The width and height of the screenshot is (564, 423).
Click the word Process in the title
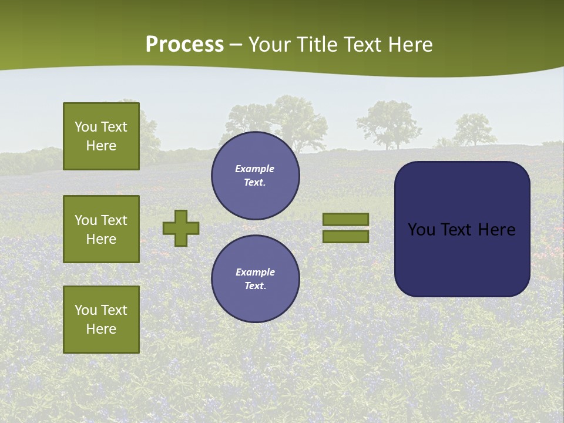coord(184,45)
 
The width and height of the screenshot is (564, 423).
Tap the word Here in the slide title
coord(409,45)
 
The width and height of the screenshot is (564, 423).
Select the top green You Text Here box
coord(101,136)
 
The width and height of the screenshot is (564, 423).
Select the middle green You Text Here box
coord(101,229)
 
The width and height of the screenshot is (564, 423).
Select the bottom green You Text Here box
coord(101,320)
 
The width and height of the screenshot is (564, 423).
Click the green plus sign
coord(181,228)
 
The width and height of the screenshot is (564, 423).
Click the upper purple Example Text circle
coord(256,176)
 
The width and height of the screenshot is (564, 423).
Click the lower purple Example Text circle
coord(256,278)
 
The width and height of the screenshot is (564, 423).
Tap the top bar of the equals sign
coord(346,219)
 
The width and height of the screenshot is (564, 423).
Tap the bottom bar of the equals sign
coord(346,237)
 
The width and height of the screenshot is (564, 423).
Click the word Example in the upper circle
coord(254,169)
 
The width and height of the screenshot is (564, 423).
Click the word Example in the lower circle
coord(255,272)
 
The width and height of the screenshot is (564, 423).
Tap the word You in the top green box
coord(86,127)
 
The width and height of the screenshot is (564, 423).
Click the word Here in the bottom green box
coord(101,329)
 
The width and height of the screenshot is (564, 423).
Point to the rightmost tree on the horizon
coord(475,129)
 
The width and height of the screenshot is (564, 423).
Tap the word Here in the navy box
coord(496,230)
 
